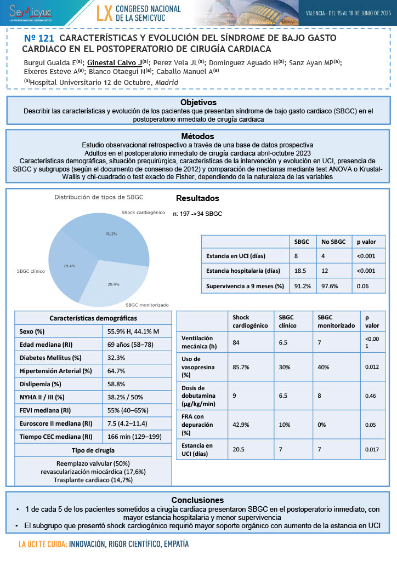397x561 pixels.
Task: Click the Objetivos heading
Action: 198,102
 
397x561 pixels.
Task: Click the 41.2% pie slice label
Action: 111,234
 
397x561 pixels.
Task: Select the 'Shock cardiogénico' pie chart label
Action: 143,212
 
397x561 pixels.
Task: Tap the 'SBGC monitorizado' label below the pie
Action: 147,305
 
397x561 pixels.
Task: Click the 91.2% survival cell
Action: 303,286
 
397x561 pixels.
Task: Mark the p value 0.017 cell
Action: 372,449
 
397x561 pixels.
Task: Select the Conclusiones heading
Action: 197,500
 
